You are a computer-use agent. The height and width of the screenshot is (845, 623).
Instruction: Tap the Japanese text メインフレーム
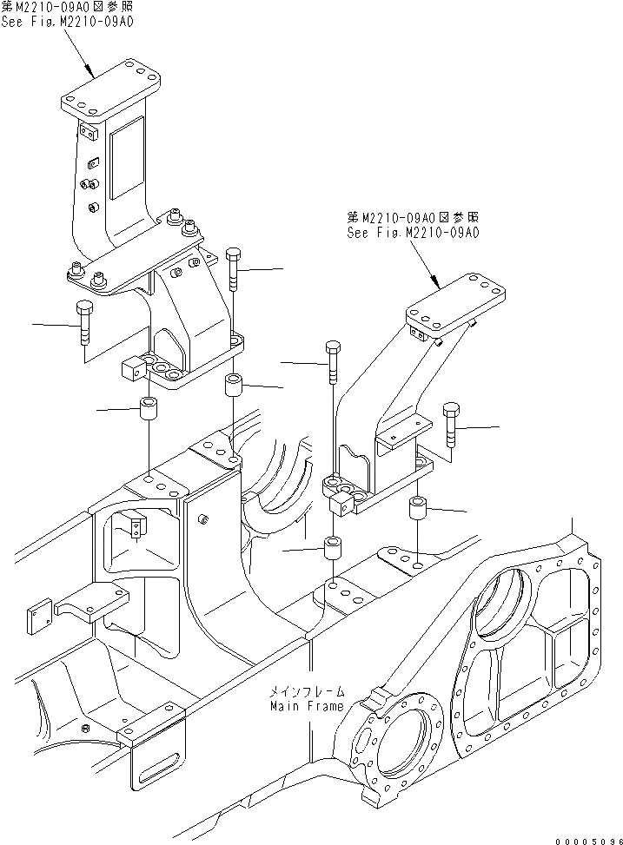pyautogui.click(x=307, y=692)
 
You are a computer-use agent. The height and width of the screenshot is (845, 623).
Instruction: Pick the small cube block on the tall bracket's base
pyautogui.click(x=131, y=372)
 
